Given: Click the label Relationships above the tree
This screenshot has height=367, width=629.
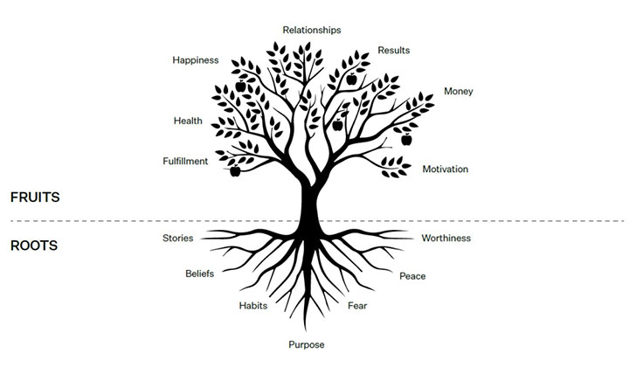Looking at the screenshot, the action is (312, 30).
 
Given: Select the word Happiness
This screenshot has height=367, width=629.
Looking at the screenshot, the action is (196, 60).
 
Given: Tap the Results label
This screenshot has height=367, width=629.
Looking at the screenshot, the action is (393, 51).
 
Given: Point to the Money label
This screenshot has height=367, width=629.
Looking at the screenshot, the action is (458, 92).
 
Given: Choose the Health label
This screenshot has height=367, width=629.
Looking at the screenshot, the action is (188, 121).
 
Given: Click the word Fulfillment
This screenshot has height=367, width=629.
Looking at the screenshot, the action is (185, 162).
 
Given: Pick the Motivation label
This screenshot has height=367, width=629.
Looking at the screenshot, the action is (446, 170).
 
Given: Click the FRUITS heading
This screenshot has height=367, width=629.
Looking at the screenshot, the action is (35, 197).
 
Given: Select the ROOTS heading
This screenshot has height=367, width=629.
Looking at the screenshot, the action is (34, 246).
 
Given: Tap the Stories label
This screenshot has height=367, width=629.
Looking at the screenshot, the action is (177, 239).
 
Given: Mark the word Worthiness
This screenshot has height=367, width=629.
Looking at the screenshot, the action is (446, 239).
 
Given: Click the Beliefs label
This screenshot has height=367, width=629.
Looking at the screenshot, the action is (199, 274).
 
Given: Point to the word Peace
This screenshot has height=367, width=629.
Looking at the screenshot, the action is (412, 276).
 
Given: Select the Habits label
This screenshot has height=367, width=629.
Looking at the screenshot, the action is (253, 306).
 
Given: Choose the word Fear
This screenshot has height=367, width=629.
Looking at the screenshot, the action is (357, 306).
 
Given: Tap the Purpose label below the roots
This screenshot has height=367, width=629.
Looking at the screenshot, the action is (307, 345).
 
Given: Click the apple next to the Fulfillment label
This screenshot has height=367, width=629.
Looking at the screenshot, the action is (235, 171).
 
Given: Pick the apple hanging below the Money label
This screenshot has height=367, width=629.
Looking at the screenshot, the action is (406, 140).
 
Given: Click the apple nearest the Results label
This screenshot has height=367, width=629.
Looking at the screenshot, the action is (351, 79).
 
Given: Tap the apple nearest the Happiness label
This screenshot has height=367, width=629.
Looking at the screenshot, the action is (241, 86).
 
